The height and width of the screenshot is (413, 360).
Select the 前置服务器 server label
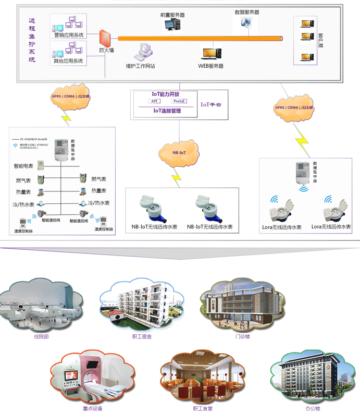coord(172,15)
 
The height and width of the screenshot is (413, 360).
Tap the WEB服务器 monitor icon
coord(211,54)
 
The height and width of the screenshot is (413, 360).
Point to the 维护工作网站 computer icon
coord(143,52)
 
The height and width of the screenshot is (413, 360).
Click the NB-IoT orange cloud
coord(179,152)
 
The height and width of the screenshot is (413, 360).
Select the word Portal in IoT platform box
coord(179,101)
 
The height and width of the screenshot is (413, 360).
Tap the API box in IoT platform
coord(155,101)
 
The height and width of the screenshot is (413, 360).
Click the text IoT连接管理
coord(167,111)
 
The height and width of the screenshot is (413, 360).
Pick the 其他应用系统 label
coord(68,61)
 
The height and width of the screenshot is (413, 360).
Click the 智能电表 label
coord(23,166)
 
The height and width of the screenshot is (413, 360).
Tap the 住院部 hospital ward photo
coord(40,307)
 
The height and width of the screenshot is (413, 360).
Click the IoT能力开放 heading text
coord(166,94)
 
